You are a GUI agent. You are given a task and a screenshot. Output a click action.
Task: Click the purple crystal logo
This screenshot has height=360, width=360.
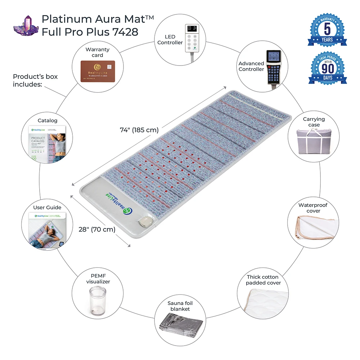pos(26,26)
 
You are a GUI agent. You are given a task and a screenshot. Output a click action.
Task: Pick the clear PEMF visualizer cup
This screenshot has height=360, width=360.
pos(95,300)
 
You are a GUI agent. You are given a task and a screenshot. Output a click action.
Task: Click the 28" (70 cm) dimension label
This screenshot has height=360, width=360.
pos(97,229)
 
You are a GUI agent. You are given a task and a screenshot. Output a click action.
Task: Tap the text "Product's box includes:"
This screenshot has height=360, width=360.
pos(35,80)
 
